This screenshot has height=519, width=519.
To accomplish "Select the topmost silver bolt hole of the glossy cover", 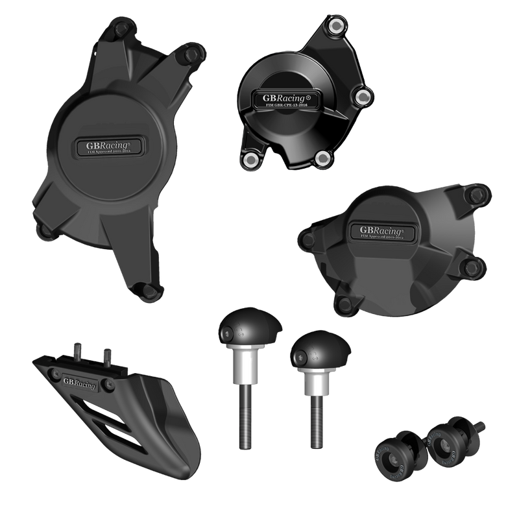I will [x=337, y=26].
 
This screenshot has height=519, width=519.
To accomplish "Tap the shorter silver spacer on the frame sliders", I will [x=313, y=380].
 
